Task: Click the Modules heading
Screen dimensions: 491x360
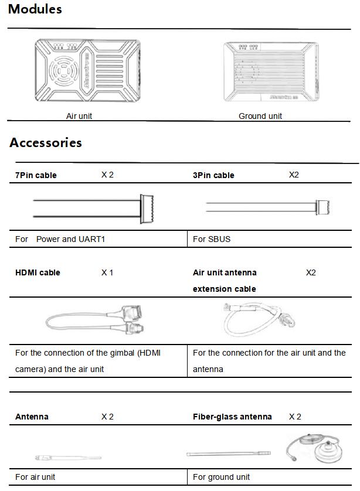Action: [35, 9]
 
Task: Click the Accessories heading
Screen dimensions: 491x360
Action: [46, 143]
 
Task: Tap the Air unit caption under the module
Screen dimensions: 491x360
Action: [79, 116]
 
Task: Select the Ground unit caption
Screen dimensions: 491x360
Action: [260, 116]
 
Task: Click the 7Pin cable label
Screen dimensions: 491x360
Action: [36, 175]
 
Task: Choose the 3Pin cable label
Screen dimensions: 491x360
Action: [213, 175]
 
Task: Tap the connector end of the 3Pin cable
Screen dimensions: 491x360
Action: [324, 207]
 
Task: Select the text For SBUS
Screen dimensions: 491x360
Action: [211, 239]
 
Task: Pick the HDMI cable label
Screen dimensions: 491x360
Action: [38, 272]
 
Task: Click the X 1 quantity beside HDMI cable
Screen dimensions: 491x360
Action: [107, 272]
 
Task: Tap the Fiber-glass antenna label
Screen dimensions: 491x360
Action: [232, 417]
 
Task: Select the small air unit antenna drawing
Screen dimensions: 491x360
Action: [67, 457]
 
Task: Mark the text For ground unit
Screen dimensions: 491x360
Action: [222, 477]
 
